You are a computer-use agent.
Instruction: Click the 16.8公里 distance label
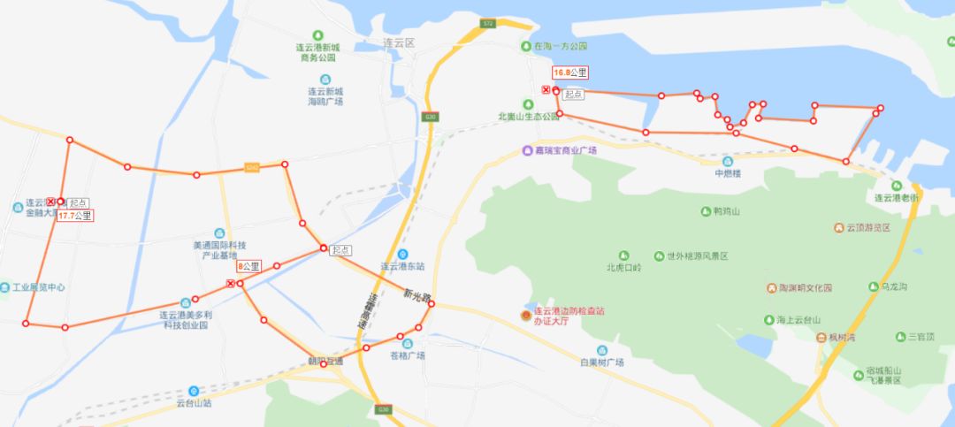pyautogui.click(x=571, y=72)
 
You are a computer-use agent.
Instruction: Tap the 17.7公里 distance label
pyautogui.click(x=75, y=215)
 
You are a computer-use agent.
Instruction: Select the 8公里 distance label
pyautogui.click(x=248, y=265)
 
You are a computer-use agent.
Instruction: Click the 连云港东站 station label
pyautogui.click(x=402, y=264)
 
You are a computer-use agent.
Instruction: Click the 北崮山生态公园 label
pyautogui.click(x=529, y=116)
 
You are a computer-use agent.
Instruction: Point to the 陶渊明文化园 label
pyautogui.click(x=806, y=287)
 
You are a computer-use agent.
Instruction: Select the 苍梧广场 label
pyautogui.click(x=407, y=355)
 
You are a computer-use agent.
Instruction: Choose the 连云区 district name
pyautogui.click(x=399, y=42)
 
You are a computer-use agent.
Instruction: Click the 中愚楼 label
pyautogui.click(x=727, y=173)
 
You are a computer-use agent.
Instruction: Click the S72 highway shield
pyautogui.click(x=488, y=23)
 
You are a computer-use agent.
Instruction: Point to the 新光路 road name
pyautogui.click(x=416, y=294)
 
